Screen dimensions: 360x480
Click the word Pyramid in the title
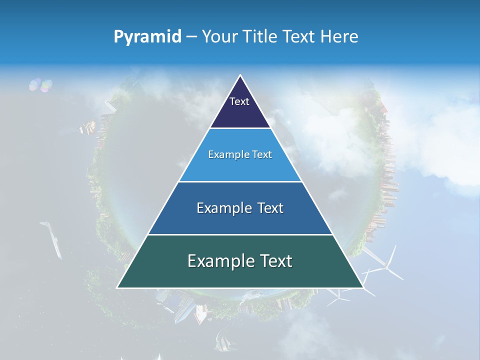[147, 37]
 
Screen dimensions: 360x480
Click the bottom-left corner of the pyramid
[117, 287]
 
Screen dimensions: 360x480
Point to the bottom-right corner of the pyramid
[363, 287]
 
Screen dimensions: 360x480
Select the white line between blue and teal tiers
[240, 234]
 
